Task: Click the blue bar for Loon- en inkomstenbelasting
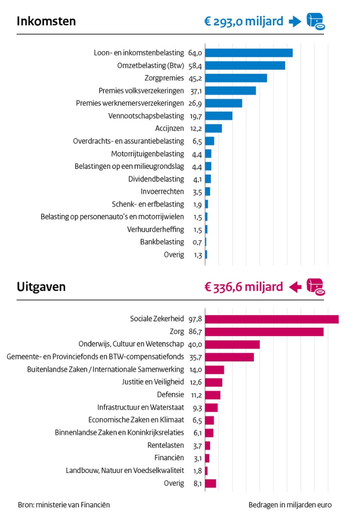(x=248, y=53)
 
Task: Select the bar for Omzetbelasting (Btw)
(x=245, y=66)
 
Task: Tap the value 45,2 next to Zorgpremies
(x=195, y=78)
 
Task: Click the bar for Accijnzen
(x=213, y=128)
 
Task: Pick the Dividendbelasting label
(x=156, y=179)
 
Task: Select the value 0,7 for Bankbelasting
(x=197, y=242)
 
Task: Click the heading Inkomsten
(x=46, y=22)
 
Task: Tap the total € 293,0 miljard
(x=243, y=22)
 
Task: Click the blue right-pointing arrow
(x=295, y=22)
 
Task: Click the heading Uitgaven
(x=41, y=287)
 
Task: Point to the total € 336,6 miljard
(x=243, y=287)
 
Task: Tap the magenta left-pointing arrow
(x=295, y=287)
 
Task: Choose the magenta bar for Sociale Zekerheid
(x=271, y=319)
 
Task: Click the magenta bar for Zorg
(x=264, y=332)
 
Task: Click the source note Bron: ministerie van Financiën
(x=64, y=505)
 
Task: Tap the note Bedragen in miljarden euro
(x=290, y=505)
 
